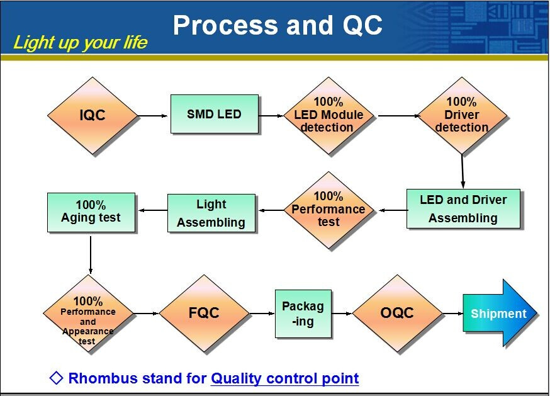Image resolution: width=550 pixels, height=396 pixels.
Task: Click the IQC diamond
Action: pyautogui.click(x=93, y=115)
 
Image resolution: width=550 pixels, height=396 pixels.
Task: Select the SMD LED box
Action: pyautogui.click(x=215, y=114)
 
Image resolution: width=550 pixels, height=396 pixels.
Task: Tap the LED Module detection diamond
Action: pyautogui.click(x=328, y=115)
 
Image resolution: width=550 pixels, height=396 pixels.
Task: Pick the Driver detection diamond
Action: pyautogui.click(x=462, y=115)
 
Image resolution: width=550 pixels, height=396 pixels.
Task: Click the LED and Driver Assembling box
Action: pyautogui.click(x=463, y=209)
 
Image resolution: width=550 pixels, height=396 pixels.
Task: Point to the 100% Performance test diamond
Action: pyautogui.click(x=328, y=210)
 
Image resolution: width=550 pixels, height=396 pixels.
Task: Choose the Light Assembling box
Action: pyautogui.click(x=211, y=213)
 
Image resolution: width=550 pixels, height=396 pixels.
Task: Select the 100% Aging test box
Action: pyautogui.click(x=91, y=212)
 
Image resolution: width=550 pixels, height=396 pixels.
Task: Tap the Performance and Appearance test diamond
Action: pyautogui.click(x=88, y=313)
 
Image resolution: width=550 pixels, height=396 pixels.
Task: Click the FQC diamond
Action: pyautogui.click(x=204, y=313)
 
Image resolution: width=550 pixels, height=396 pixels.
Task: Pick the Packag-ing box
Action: pyautogui.click(x=303, y=314)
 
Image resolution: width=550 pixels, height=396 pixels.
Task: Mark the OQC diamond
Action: pyautogui.click(x=398, y=313)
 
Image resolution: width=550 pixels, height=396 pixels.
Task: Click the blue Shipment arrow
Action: pyautogui.click(x=500, y=313)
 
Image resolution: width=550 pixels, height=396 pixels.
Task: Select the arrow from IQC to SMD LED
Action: pyautogui.click(x=153, y=115)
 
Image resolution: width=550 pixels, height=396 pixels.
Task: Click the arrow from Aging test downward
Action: pyautogui.click(x=91, y=254)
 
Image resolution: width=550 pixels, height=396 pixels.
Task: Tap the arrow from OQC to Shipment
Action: pyautogui.click(x=453, y=313)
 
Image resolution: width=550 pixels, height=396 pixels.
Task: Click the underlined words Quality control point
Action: pyautogui.click(x=284, y=378)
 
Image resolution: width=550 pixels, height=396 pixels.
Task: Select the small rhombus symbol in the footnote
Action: pyautogui.click(x=57, y=378)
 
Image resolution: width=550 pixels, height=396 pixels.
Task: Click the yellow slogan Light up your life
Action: pyautogui.click(x=81, y=42)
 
